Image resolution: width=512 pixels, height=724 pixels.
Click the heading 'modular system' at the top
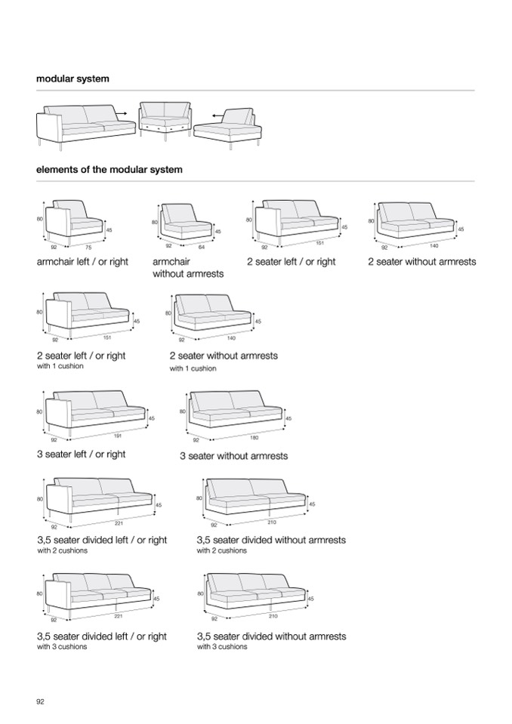coord(72,79)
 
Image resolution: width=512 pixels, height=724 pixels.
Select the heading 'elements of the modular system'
coord(109,170)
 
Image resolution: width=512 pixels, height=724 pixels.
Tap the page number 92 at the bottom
coord(41,701)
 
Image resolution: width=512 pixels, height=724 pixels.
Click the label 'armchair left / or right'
coord(82,262)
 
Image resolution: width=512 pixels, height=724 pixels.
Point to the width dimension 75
coord(88,246)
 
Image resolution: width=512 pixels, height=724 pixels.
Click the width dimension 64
coord(202,246)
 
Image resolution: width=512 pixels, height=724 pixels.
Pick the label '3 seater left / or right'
coord(81,454)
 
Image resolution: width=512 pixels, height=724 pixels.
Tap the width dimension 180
coord(254,437)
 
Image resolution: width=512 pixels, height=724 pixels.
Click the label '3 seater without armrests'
coord(233,456)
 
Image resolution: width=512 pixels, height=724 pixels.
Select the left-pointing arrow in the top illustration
coord(217,116)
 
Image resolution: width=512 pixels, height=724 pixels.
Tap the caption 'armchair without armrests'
coord(188,268)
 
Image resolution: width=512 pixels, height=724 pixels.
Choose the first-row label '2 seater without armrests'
coord(421,262)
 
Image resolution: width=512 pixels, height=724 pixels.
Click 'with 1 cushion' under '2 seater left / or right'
coord(60,366)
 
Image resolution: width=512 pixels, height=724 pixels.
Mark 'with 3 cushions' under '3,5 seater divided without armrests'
coord(222,647)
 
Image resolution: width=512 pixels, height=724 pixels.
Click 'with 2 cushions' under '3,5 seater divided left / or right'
coord(62,550)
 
